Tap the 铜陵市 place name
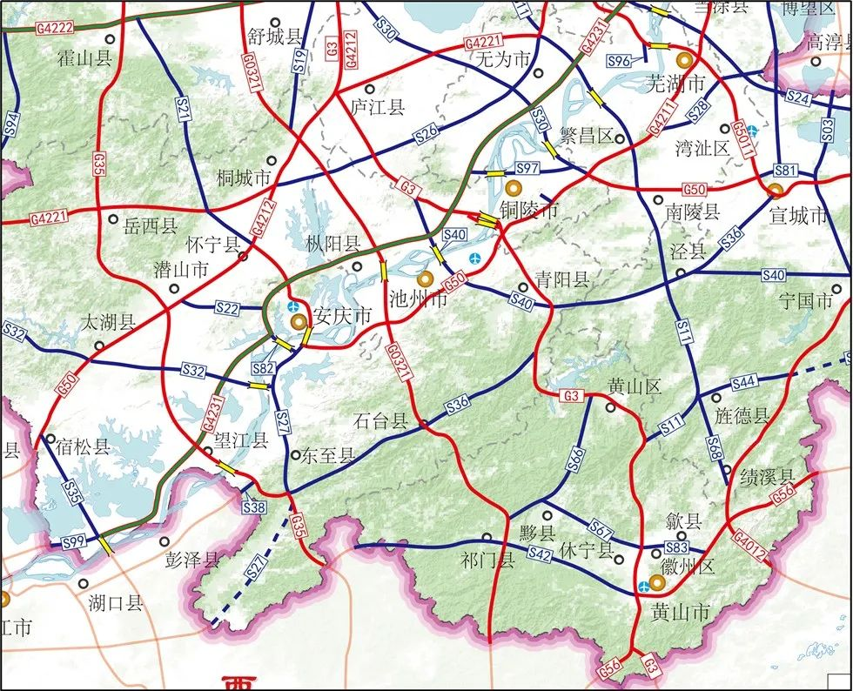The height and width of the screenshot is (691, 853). [x=528, y=209]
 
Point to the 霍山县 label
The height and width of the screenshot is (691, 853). [x=84, y=58]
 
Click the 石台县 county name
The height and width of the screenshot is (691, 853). [x=380, y=422]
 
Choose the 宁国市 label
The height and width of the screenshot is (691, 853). [x=814, y=302]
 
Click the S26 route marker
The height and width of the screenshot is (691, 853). [x=426, y=132]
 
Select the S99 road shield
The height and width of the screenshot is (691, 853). [x=76, y=542]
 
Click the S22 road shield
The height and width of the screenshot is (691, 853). [x=226, y=307]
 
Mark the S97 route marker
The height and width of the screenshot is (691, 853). [x=527, y=168]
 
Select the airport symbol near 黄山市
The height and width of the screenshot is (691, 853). [x=643, y=586]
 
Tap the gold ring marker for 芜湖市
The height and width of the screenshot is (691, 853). [x=685, y=59]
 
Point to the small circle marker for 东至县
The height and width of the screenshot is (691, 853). [x=295, y=454]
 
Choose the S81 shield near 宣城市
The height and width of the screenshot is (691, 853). [x=785, y=170]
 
